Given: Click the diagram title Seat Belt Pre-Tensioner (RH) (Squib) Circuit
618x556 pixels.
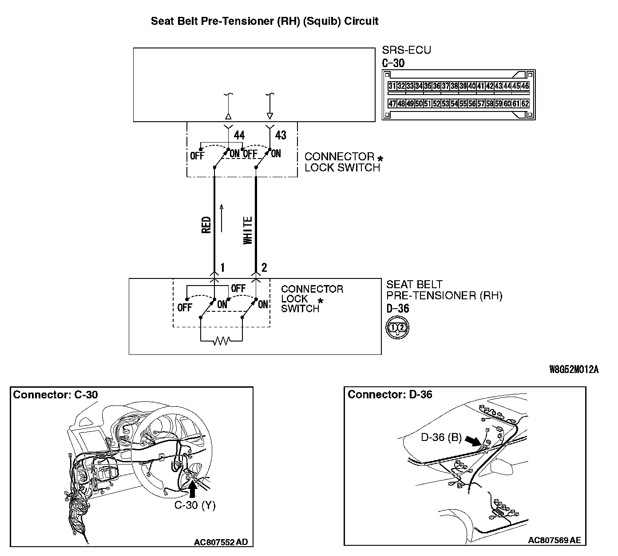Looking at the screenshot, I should tap(265, 21).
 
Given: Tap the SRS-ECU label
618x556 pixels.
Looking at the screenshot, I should tap(406, 50).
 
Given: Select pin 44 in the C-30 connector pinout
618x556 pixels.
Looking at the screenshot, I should tap(507, 86).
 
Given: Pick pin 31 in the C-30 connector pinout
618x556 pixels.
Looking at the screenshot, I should tap(392, 86).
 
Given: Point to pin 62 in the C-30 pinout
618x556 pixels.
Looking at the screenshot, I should tap(525, 104).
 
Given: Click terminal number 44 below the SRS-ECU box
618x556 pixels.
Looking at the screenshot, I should tap(239, 135).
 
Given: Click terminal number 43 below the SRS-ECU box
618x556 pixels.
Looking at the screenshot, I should tap(281, 135).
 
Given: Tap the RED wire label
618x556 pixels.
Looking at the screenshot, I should tap(206, 225).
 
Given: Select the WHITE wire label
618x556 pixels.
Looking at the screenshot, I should tap(248, 230).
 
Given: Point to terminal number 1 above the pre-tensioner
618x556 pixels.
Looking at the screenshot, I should tap(222, 267).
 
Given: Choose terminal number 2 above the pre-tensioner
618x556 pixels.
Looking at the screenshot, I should tap(265, 267).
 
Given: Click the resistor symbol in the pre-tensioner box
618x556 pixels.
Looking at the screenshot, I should tap(222, 341).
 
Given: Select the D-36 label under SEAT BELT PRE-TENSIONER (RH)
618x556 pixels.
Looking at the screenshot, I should tap(398, 308).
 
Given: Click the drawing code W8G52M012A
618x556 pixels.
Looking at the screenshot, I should tap(574, 369).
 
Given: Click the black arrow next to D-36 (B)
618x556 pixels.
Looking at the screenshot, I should tap(473, 440).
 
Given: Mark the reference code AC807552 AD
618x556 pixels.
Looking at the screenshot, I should tap(221, 542).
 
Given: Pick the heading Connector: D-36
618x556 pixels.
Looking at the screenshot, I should tap(390, 394).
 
